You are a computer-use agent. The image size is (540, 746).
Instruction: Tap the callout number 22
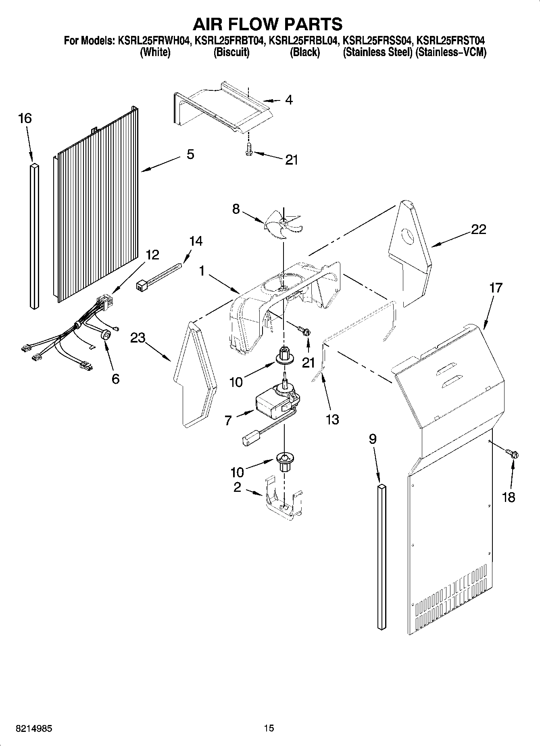click(x=479, y=230)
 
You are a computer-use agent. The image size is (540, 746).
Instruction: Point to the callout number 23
click(x=138, y=337)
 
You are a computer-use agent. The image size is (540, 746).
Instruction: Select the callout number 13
click(x=332, y=420)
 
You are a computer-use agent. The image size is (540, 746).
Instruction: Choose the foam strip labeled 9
click(x=382, y=557)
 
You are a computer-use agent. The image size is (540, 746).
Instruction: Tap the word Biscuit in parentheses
click(x=231, y=52)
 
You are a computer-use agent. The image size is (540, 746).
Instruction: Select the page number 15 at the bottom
click(x=269, y=728)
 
